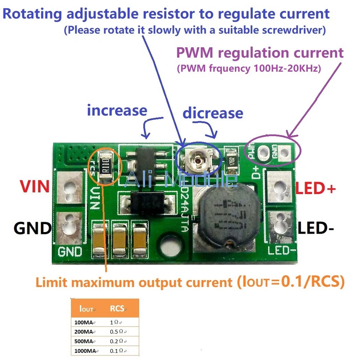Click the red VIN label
click(35, 186)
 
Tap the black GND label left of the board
click(33, 228)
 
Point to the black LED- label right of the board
click(315, 228)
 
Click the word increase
click(117, 110)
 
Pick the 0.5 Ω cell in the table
click(119, 331)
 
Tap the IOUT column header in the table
click(87, 309)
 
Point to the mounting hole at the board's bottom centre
click(168, 248)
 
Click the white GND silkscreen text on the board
click(70, 251)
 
